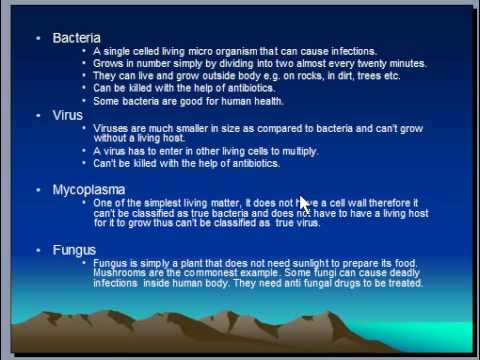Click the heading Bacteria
tap(76, 38)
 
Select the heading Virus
tap(68, 115)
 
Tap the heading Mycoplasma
tap(89, 190)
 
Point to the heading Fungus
tap(74, 251)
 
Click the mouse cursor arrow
tap(305, 205)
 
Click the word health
tap(269, 101)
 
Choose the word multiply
tap(301, 152)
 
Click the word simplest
tap(163, 203)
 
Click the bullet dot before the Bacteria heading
tap(38, 38)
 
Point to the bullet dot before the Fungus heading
tap(38, 250)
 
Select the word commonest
tap(210, 273)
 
